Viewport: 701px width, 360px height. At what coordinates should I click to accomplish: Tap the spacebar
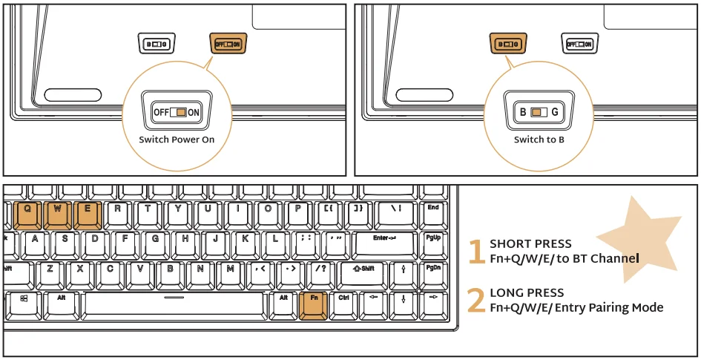[x=174, y=303]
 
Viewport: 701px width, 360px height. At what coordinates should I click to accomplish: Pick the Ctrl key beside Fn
[x=343, y=303]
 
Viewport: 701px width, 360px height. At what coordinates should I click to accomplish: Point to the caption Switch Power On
[x=177, y=140]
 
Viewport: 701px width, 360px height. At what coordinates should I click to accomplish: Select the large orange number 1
[x=476, y=252]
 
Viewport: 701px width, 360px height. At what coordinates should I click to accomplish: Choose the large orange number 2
[x=476, y=301]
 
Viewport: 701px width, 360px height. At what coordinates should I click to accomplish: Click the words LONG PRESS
[x=527, y=293]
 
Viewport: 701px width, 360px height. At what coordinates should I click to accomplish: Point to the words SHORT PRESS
[x=530, y=244]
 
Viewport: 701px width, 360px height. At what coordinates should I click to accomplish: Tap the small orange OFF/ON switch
[x=228, y=45]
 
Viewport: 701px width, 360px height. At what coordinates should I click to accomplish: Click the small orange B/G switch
[x=508, y=45]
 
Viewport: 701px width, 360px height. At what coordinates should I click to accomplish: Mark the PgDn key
[x=433, y=272]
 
